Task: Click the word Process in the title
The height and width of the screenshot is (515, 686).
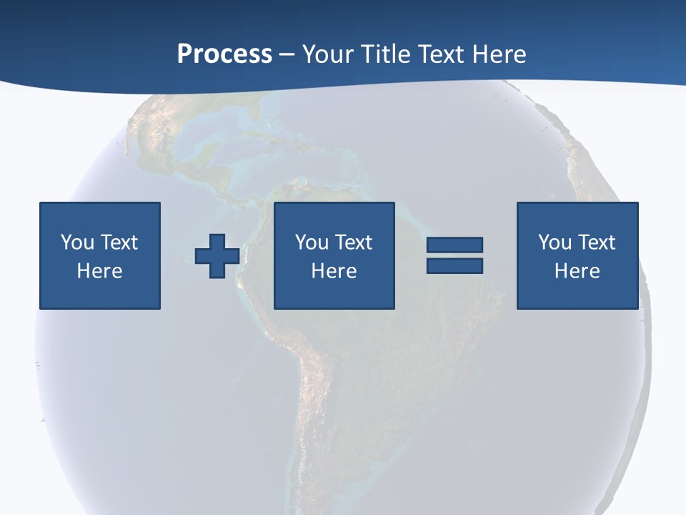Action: coord(224,54)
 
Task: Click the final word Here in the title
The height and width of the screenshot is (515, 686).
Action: coord(500,54)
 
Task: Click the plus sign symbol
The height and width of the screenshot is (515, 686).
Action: coord(217,255)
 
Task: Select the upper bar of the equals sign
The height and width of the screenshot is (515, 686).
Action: coord(454,245)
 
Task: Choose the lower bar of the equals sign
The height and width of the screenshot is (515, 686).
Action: coord(454,265)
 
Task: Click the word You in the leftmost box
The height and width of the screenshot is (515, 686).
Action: coord(77,242)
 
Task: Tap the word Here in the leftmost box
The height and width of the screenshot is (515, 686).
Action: coord(99,271)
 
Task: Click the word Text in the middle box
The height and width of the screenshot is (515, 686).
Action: coord(353,242)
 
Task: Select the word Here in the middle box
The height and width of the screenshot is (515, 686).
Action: coord(334,271)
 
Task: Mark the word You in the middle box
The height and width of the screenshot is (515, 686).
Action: coord(312,242)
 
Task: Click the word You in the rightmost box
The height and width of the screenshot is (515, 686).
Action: coord(555,242)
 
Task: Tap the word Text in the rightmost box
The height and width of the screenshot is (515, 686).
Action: coord(596,242)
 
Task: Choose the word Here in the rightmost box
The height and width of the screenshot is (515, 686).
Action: coord(577,271)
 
